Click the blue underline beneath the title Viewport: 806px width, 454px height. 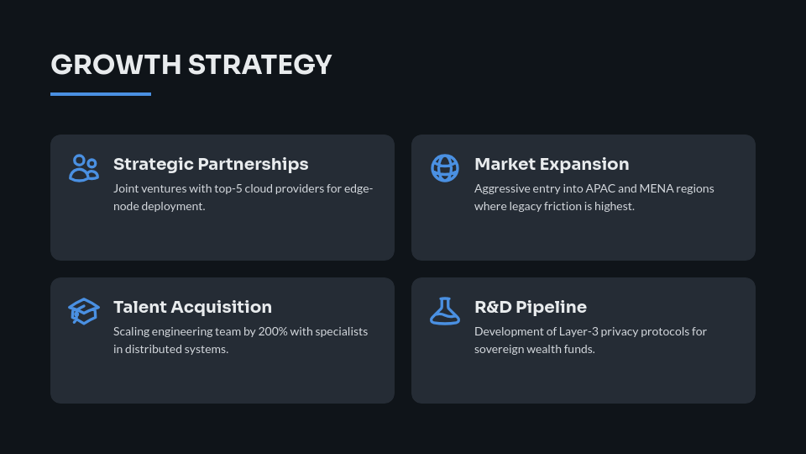tap(101, 94)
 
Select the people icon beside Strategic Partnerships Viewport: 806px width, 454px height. tap(83, 167)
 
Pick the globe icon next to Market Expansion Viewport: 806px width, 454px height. tap(445, 167)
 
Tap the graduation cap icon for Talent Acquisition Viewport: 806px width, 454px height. tap(83, 310)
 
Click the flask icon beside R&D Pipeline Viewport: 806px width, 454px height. tap(445, 310)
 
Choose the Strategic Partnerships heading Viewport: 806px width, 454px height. tap(211, 164)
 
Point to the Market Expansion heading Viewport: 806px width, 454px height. tap(552, 164)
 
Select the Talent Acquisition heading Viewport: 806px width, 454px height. tap(192, 307)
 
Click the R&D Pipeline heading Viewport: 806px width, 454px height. tap(531, 307)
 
